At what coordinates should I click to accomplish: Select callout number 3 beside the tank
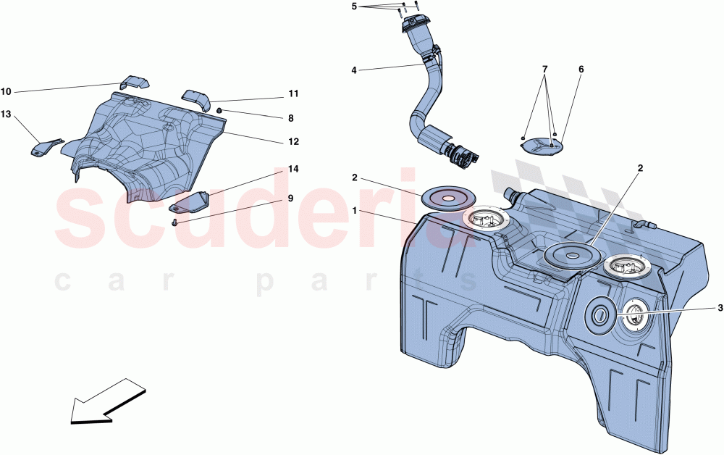pos(720,308)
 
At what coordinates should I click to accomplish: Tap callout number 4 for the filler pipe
pos(354,70)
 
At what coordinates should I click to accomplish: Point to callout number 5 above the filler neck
pos(354,7)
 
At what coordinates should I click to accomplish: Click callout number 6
pos(581,70)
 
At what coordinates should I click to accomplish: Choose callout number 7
pos(545,70)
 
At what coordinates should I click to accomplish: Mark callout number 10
pos(6,91)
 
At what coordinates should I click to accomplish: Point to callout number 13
pos(6,114)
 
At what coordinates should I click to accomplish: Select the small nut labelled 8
pos(219,110)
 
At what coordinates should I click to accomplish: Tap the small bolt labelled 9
pos(175,222)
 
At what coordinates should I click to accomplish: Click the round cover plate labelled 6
pos(543,145)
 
